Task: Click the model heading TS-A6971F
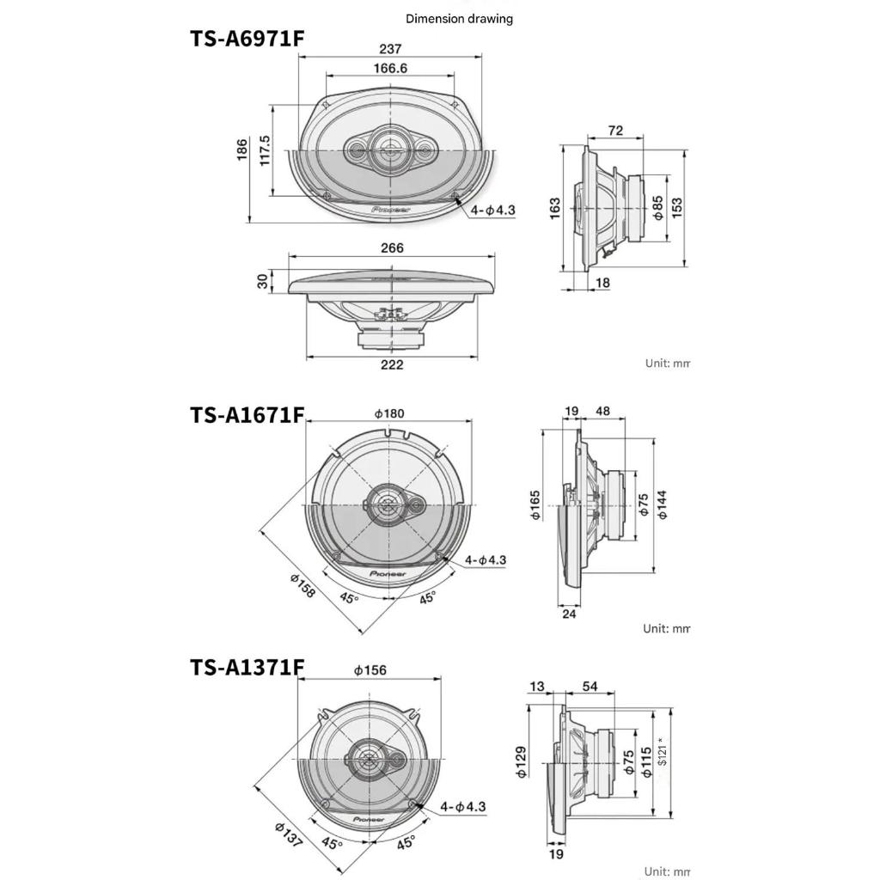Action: point(247,39)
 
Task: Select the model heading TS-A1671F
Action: point(247,415)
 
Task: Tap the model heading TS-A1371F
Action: point(247,668)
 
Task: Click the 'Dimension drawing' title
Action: point(459,19)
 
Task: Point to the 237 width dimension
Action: point(390,49)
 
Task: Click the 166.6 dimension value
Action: point(390,68)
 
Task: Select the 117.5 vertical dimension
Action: point(265,150)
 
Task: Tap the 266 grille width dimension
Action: point(392,247)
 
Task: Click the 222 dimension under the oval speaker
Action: point(392,364)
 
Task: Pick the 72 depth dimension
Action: point(615,131)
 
